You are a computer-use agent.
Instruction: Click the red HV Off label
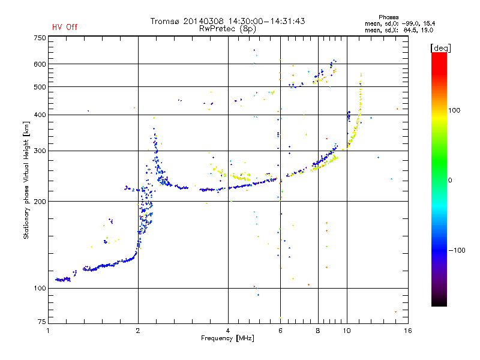click(x=65, y=27)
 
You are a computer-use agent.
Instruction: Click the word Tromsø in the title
click(x=164, y=21)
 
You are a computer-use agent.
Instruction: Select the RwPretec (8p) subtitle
click(x=227, y=29)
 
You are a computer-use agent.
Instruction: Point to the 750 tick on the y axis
click(x=40, y=38)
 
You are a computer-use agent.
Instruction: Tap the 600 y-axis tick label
click(x=40, y=64)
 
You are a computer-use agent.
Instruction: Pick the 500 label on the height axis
click(x=40, y=87)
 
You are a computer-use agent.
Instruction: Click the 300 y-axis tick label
click(x=40, y=151)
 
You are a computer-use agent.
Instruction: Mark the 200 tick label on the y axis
click(x=40, y=202)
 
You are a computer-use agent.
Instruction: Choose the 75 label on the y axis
click(x=41, y=322)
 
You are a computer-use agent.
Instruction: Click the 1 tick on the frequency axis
click(x=48, y=331)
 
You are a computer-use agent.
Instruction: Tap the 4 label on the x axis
click(x=228, y=331)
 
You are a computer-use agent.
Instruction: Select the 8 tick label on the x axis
click(x=318, y=331)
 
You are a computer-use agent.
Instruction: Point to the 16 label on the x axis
click(x=408, y=331)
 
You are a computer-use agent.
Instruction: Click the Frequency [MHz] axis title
click(x=227, y=338)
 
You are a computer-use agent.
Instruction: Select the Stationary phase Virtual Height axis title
click(x=26, y=181)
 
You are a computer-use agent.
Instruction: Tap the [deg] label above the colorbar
click(x=440, y=48)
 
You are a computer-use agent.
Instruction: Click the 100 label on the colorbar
click(x=454, y=110)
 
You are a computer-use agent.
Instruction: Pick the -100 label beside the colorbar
click(x=457, y=250)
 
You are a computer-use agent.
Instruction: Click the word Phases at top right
click(x=388, y=17)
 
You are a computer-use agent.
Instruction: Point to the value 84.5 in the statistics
click(x=410, y=31)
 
